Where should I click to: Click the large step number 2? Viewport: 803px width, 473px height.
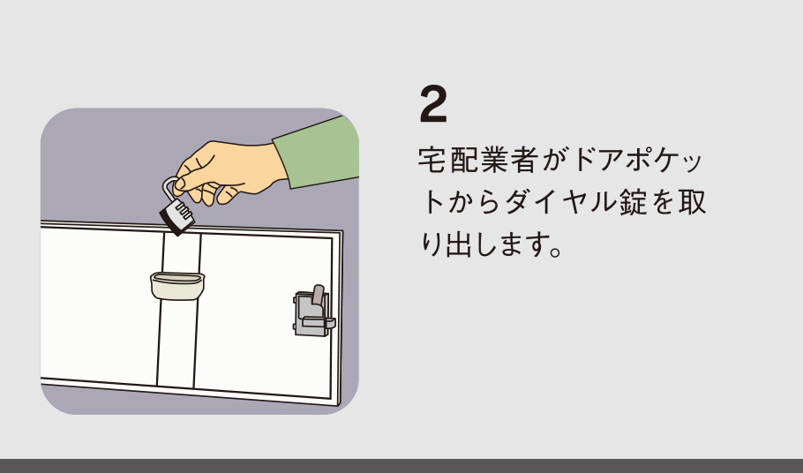tap(433, 104)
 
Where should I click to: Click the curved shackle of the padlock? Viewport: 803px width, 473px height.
tap(169, 190)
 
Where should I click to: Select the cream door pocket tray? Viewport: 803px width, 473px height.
tap(177, 286)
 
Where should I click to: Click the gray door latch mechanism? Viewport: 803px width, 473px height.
tap(313, 313)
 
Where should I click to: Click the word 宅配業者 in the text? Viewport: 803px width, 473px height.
tap(477, 160)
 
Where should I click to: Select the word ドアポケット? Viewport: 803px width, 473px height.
tap(636, 160)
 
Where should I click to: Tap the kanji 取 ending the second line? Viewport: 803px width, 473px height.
tap(693, 202)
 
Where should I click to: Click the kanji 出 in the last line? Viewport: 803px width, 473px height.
tap(460, 244)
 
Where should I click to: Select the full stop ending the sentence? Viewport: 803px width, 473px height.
tap(555, 252)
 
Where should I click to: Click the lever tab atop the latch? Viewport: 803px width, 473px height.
tap(318, 295)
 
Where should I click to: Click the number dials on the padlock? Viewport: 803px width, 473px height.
tap(183, 212)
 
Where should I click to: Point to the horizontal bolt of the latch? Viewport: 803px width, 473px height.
tap(319, 322)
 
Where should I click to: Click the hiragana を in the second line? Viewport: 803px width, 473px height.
tap(664, 202)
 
